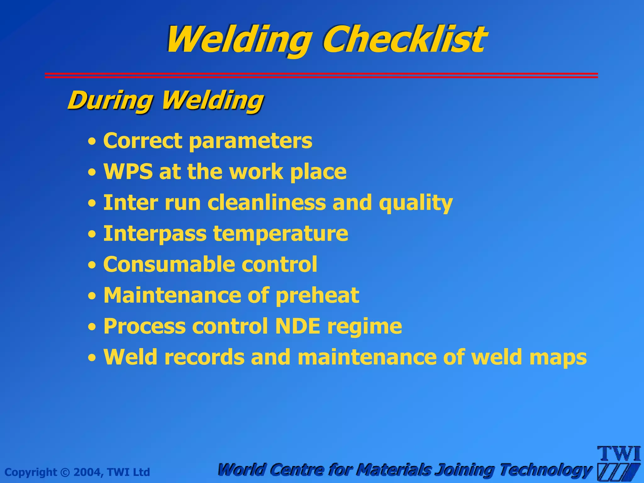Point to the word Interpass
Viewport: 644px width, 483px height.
point(155,234)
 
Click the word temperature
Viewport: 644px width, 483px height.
point(280,234)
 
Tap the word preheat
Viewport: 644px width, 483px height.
point(317,295)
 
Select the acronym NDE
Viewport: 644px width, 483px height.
point(297,326)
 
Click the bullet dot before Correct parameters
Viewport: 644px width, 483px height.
point(92,142)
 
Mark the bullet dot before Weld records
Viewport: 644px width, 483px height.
point(92,358)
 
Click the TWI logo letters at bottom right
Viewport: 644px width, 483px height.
point(619,454)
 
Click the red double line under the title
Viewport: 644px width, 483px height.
point(321,75)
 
